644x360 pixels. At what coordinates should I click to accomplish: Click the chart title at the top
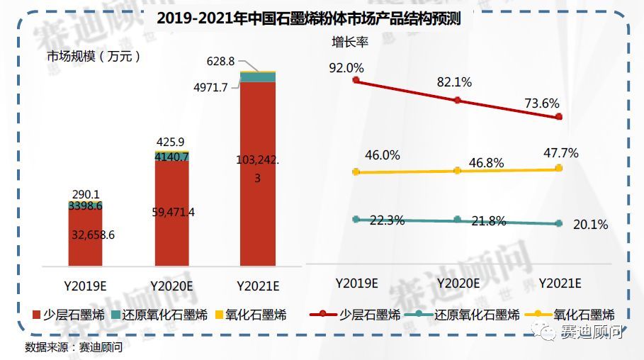(308, 19)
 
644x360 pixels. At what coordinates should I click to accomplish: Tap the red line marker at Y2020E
(457, 101)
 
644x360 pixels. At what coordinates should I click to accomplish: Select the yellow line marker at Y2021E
(559, 168)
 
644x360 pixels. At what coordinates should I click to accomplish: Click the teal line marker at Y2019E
(356, 219)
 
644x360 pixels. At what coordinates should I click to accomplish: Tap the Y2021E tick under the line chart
(560, 283)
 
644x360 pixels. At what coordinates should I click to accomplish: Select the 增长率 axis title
(350, 42)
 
